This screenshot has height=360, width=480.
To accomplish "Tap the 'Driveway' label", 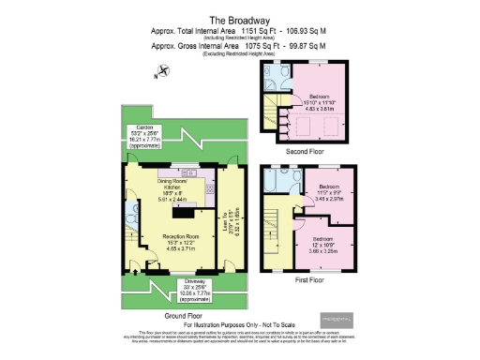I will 187,281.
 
